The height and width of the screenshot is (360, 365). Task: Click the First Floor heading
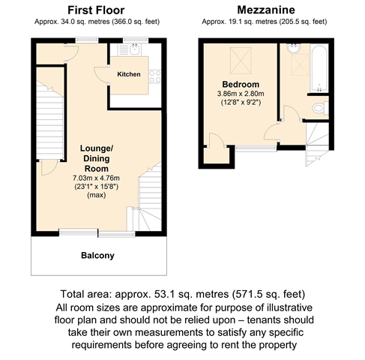[x=96, y=10]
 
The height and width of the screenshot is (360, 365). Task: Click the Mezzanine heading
[x=266, y=10]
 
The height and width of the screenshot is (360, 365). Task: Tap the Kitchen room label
[x=129, y=74]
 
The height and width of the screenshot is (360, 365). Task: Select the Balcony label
[x=97, y=256]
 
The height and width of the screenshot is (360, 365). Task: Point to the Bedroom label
[x=241, y=84]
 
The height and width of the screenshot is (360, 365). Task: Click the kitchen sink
[x=135, y=49]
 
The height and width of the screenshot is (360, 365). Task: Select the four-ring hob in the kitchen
[x=155, y=76]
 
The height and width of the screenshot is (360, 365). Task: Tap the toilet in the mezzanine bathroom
[x=320, y=108]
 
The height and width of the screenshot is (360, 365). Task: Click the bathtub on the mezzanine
[x=319, y=68]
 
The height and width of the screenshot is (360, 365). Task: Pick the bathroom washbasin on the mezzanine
[x=294, y=48]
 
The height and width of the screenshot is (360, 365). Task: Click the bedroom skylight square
[x=241, y=61]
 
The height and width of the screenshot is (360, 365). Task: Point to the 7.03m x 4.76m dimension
[x=96, y=178]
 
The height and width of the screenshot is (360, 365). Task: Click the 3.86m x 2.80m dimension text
[x=241, y=94]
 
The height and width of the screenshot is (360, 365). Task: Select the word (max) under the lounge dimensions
[x=97, y=195]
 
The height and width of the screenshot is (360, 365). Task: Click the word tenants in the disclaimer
[x=265, y=320]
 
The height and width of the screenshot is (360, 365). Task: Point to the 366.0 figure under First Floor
[x=121, y=22]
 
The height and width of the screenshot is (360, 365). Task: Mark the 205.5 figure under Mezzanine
[x=288, y=22]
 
